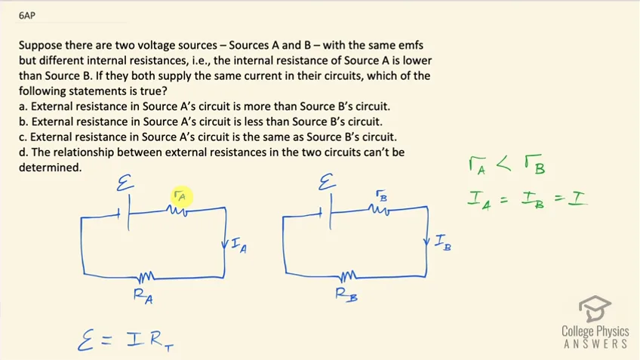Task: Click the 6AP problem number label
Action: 27,16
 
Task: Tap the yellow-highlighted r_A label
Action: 180,196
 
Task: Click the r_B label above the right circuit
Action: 382,196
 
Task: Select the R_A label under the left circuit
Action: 143,296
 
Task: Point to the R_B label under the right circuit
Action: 346,294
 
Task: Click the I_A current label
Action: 238,246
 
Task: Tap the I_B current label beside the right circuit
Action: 443,242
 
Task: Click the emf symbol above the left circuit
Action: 125,183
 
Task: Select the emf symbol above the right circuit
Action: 327,182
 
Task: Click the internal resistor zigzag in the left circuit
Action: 177,211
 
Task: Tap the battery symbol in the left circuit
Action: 125,213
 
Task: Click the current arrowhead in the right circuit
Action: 426,242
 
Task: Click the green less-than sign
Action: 503,164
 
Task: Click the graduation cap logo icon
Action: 595,309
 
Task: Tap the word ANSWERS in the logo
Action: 595,344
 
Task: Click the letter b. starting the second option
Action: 23,122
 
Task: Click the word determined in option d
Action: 51,168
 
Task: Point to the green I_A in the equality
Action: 479,201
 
